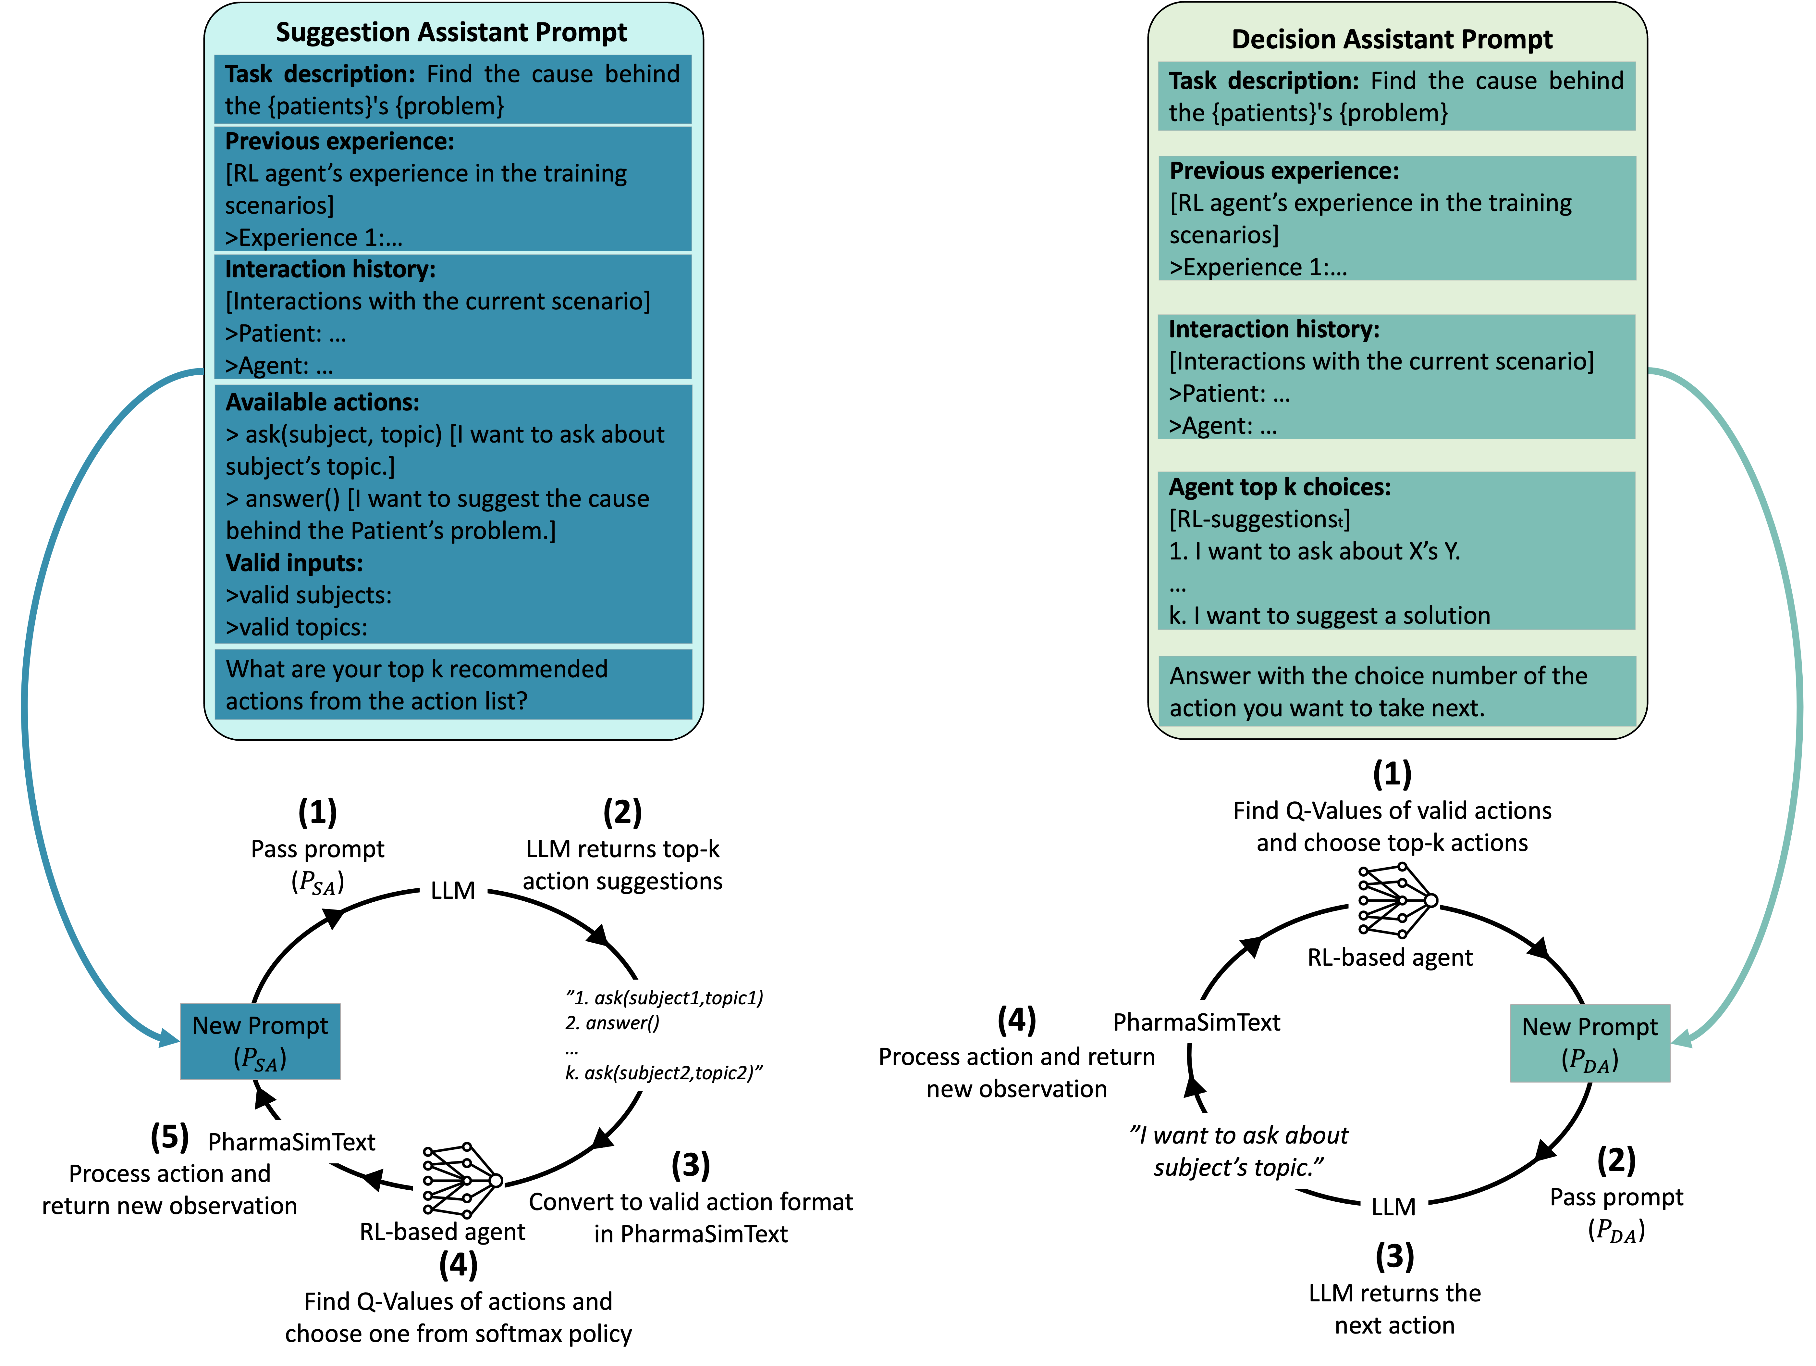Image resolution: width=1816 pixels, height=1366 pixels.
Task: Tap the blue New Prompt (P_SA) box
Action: [x=260, y=1041]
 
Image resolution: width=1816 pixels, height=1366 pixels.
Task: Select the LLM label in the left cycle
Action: [x=452, y=890]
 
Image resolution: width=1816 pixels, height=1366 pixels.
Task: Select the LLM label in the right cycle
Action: [x=1393, y=1207]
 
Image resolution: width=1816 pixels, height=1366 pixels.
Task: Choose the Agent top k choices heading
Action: [x=1279, y=487]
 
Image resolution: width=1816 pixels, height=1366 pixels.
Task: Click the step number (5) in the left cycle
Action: [x=170, y=1137]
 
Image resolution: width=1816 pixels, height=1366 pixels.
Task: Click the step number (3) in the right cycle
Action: [x=1394, y=1256]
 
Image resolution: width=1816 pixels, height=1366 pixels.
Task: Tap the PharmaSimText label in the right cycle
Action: [x=1196, y=1023]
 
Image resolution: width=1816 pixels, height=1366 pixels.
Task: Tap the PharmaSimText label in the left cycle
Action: [x=291, y=1142]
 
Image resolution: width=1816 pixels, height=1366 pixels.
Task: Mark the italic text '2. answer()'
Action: [x=612, y=1023]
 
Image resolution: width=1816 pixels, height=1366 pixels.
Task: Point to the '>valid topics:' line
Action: [x=296, y=628]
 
